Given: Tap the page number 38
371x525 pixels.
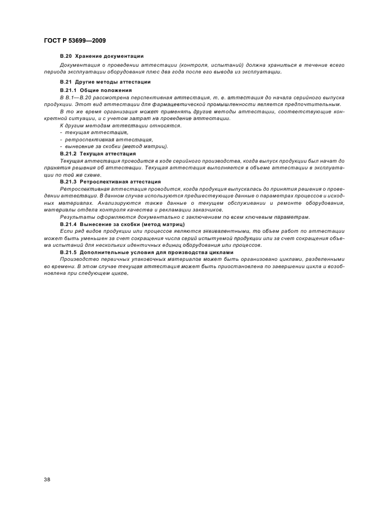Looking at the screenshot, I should point(47,480).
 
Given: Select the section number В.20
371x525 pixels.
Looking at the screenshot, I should point(66,56).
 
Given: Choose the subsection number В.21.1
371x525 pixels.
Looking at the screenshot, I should point(67,90).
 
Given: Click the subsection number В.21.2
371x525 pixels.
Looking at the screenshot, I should point(67,153).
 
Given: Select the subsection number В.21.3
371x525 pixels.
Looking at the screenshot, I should point(67,182).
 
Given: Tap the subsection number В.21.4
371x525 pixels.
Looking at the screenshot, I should point(67,224).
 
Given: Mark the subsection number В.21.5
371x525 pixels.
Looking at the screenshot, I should point(67,252).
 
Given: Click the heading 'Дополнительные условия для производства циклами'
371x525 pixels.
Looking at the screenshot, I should point(156,252).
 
